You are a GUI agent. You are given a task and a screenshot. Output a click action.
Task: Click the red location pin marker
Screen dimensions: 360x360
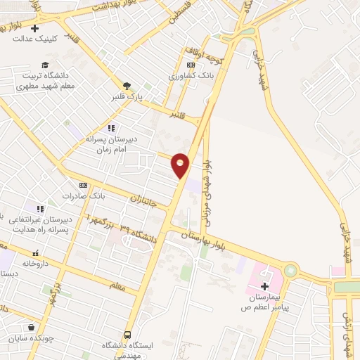(181, 165)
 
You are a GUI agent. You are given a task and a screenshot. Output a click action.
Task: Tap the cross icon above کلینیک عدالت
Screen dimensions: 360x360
(34, 27)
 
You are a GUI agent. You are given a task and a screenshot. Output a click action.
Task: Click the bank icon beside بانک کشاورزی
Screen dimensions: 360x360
(190, 65)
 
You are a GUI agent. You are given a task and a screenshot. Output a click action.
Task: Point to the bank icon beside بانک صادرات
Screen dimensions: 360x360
(83, 185)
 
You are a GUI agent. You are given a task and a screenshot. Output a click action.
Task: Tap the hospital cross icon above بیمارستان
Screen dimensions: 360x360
(264, 286)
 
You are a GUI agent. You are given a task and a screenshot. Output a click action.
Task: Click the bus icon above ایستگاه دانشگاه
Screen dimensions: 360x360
(127, 335)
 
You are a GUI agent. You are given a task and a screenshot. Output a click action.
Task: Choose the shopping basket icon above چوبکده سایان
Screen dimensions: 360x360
(32, 327)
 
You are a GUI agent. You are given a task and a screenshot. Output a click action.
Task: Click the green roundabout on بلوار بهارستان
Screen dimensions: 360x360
(290, 271)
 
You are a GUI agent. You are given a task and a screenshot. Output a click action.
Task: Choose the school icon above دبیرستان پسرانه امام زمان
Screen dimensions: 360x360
(110, 128)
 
